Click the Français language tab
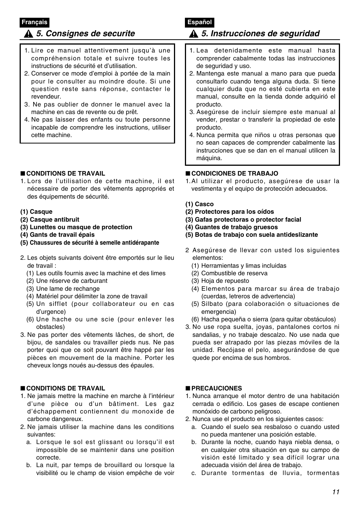(x=34, y=22)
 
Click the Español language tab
(x=200, y=22)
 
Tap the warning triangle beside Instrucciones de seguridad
(x=193, y=34)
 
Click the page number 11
(x=336, y=492)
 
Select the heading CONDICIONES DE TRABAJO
(x=234, y=174)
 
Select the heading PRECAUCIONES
(x=216, y=388)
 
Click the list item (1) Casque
(x=36, y=212)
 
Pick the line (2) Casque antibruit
(x=49, y=219)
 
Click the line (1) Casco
(x=199, y=204)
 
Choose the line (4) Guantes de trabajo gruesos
(x=231, y=227)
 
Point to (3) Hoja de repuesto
(x=220, y=281)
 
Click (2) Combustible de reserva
(x=229, y=273)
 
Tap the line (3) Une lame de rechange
(x=63, y=289)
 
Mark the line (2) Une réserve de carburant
(x=66, y=281)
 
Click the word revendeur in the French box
(x=46, y=97)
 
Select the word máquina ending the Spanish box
(x=209, y=158)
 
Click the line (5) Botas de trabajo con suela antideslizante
(x=251, y=235)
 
